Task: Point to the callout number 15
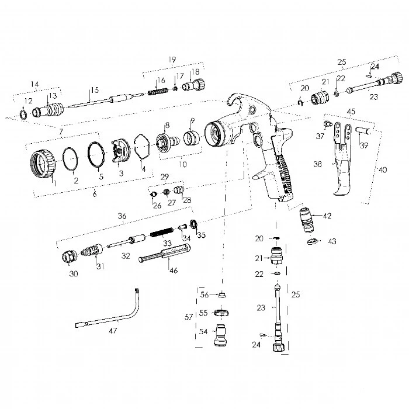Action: tap(91, 91)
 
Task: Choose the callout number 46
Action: tap(173, 270)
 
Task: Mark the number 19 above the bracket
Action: tap(172, 60)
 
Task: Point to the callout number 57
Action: tap(188, 317)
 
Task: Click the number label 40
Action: tap(383, 169)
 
